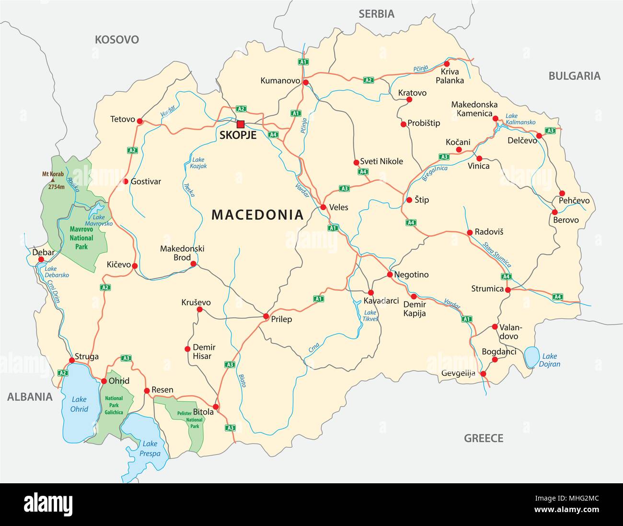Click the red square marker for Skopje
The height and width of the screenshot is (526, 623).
240,124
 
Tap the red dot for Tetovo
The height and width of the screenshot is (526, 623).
140,120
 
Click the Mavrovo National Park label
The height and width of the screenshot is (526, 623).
81,238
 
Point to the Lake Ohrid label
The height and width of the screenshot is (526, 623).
79,404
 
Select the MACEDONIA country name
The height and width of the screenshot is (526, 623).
257,215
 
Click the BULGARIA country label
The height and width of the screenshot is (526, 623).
574,76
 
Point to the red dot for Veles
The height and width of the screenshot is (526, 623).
323,207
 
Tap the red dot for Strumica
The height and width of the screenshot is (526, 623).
508,289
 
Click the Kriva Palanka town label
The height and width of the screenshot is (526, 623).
450,76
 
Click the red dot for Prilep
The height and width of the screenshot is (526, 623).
266,316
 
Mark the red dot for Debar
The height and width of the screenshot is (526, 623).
41,259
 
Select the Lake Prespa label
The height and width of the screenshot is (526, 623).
150,448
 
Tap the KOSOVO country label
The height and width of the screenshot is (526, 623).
116,39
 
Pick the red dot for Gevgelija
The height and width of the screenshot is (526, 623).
483,374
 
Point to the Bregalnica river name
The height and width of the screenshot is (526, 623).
435,173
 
